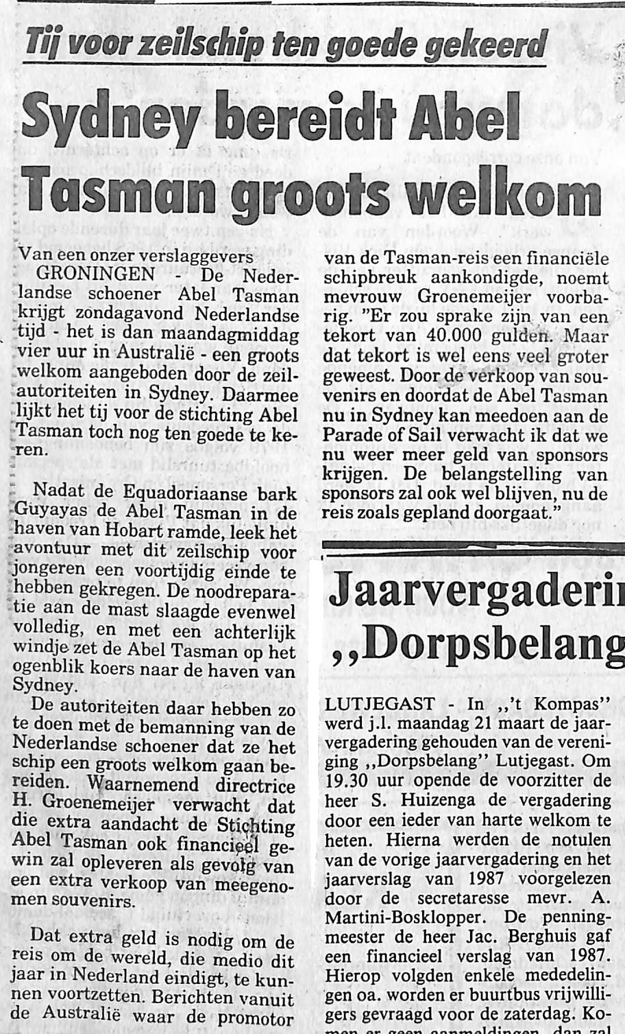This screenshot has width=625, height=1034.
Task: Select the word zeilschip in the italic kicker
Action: pyautogui.click(x=199, y=45)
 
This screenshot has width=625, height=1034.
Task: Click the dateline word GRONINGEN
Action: pyautogui.click(x=96, y=275)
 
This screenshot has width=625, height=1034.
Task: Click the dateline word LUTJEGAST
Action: pyautogui.click(x=380, y=704)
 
